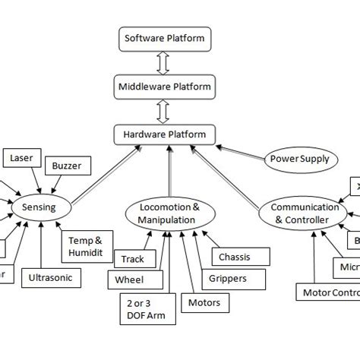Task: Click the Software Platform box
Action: (x=164, y=37)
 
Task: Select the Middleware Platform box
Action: (x=164, y=86)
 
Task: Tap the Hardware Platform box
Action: (x=164, y=134)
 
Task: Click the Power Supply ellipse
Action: (x=299, y=159)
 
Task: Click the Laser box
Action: (x=22, y=158)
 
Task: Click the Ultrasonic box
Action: (x=50, y=278)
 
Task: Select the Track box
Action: (x=132, y=259)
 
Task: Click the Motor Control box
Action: (x=327, y=292)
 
